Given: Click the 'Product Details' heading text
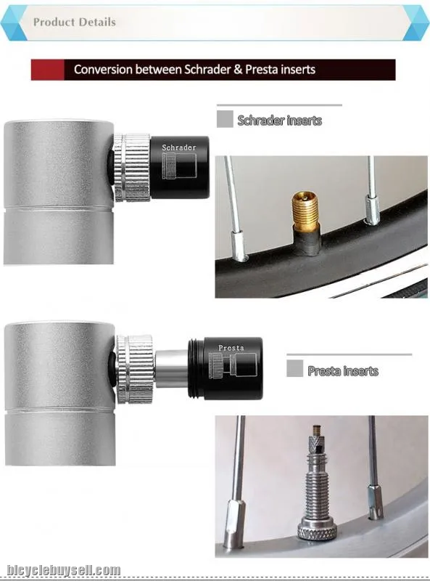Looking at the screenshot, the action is click(75, 22).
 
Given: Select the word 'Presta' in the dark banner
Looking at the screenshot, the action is click(262, 69).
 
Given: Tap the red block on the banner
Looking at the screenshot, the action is click(47, 70).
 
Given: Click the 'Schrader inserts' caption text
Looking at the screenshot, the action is click(280, 121).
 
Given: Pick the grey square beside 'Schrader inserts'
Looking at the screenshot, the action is click(225, 119).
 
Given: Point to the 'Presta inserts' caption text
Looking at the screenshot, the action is click(343, 371).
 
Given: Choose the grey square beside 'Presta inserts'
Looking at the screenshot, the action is click(294, 368).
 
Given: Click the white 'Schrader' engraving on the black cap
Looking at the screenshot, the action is click(179, 147).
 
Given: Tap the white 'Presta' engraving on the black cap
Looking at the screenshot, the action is click(231, 348).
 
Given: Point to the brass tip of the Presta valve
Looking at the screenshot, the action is click(315, 431).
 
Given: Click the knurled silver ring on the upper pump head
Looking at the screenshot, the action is click(132, 168).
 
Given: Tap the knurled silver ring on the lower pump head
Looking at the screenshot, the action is click(135, 369).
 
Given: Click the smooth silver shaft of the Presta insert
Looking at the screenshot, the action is click(172, 369).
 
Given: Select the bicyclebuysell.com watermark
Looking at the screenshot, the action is click(64, 570).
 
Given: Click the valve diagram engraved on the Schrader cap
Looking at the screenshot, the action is click(180, 166).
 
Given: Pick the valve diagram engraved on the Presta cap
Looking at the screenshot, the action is click(232, 366).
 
